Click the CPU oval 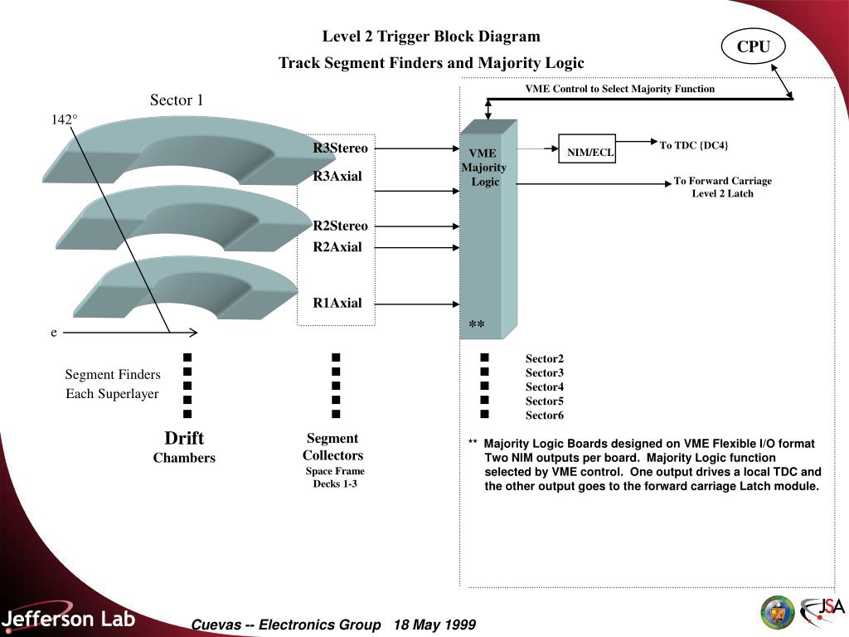[x=753, y=47]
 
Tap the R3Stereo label [x=340, y=148]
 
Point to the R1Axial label [x=337, y=303]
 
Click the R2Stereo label [x=340, y=226]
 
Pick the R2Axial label [x=337, y=246]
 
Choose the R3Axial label [x=337, y=176]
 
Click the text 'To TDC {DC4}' [x=694, y=145]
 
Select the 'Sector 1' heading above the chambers [x=177, y=100]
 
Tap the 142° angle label [x=65, y=120]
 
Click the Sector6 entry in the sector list [x=545, y=415]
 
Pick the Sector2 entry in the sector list [x=545, y=358]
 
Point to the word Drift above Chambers [x=184, y=438]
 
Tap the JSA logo [x=822, y=612]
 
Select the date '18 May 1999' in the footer [x=435, y=625]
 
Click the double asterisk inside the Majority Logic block [x=477, y=325]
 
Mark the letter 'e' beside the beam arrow [x=54, y=333]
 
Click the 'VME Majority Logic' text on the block [x=484, y=168]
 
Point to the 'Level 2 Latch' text [x=723, y=193]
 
